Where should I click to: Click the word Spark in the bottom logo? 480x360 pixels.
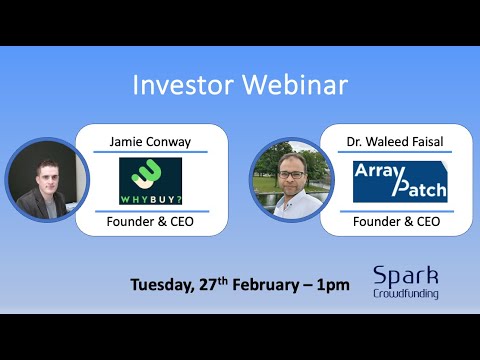point(404,276)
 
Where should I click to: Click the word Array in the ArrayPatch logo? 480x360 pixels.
point(379,171)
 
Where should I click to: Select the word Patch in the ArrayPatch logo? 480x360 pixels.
point(418,188)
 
